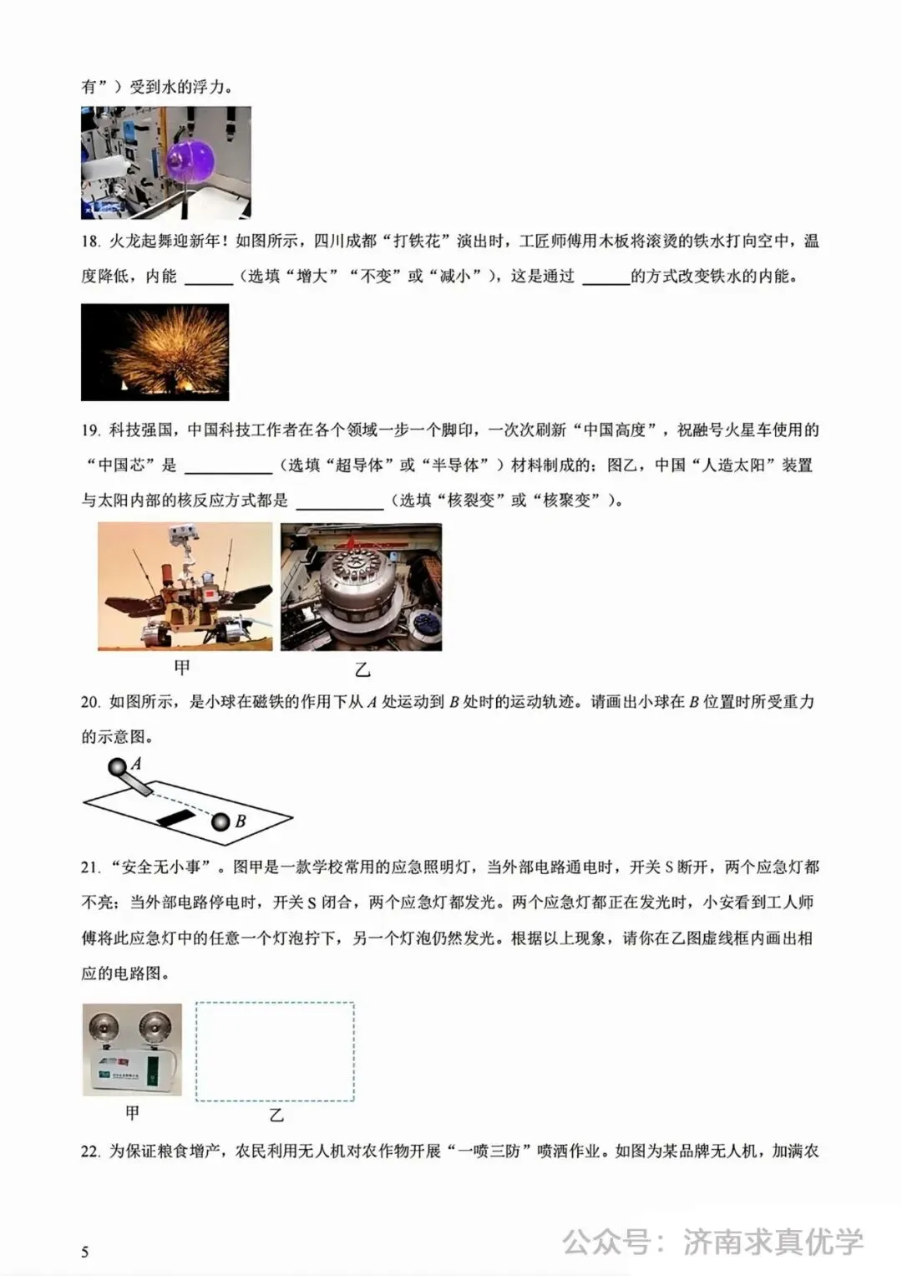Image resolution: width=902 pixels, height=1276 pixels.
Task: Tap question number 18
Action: click(x=90, y=241)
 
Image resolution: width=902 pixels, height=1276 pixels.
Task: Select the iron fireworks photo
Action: click(x=155, y=352)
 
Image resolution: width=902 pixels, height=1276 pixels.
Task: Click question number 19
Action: click(x=90, y=430)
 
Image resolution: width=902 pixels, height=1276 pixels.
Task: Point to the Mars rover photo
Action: click(x=185, y=587)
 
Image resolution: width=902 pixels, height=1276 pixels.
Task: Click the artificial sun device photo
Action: click(x=361, y=587)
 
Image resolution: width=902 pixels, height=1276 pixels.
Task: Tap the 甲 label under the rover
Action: click(x=182, y=667)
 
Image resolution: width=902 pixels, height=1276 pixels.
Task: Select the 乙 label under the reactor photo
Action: click(x=362, y=669)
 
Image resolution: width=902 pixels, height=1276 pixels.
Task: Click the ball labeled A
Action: click(x=117, y=766)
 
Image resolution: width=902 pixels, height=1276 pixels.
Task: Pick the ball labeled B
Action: click(x=220, y=822)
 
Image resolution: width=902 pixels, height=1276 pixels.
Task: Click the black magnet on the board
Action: click(x=175, y=816)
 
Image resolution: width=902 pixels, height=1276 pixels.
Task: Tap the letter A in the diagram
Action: click(x=136, y=762)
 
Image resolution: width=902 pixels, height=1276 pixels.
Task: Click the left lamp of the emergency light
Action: click(x=108, y=1024)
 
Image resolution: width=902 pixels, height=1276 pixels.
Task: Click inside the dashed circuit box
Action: click(x=275, y=1051)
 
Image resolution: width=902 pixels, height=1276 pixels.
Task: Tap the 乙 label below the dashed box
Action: click(x=276, y=1116)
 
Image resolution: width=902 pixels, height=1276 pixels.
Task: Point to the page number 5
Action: click(x=84, y=1251)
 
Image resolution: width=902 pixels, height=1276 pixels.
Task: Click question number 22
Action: click(x=90, y=1151)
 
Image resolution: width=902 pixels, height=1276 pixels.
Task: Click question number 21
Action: click(x=90, y=867)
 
